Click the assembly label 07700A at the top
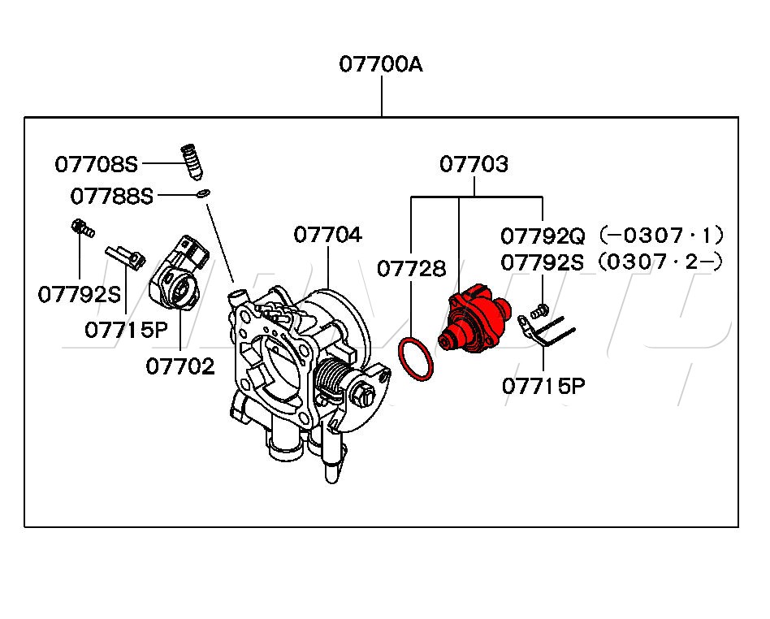[x=381, y=64]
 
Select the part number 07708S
[x=97, y=164]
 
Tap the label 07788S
[x=111, y=196]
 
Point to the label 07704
[x=327, y=235]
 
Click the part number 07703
[x=474, y=165]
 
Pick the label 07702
[x=180, y=366]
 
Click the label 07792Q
[x=543, y=236]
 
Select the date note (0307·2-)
[x=659, y=262]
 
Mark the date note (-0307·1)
[x=659, y=236]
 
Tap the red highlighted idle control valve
[x=474, y=318]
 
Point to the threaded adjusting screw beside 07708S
[x=190, y=162]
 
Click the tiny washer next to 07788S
[x=203, y=193]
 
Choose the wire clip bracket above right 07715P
[x=547, y=330]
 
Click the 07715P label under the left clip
[x=125, y=330]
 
